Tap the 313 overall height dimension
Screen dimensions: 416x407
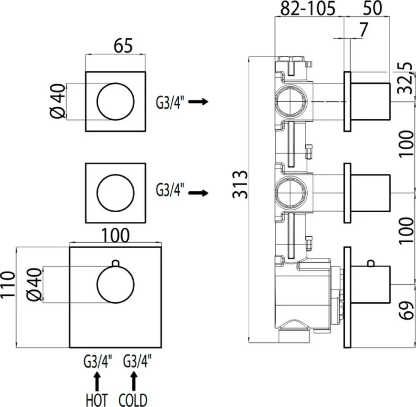(x=240, y=185)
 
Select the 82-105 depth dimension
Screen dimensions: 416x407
(x=308, y=9)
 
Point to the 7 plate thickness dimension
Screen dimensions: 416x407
(x=364, y=30)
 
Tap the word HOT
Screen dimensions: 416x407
(x=97, y=400)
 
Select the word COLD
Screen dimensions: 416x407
(x=133, y=400)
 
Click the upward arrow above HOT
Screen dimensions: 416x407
(x=97, y=381)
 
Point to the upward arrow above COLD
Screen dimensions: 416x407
(x=134, y=381)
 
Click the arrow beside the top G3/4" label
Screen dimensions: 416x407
(x=198, y=102)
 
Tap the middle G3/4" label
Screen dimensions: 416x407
(x=170, y=190)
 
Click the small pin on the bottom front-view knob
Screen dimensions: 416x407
(x=115, y=262)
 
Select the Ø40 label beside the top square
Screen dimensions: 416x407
(x=57, y=101)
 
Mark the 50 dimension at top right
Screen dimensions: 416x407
(x=372, y=8)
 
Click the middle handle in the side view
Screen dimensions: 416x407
(x=371, y=193)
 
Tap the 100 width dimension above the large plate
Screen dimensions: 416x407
(x=115, y=235)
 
